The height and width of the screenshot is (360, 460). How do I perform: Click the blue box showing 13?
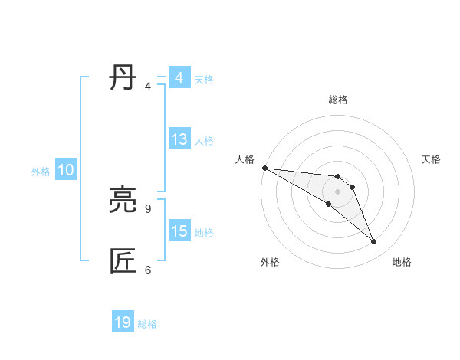pyautogui.click(x=179, y=140)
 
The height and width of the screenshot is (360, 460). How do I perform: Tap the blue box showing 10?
pyautogui.click(x=65, y=171)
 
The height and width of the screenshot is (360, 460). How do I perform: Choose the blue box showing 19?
pyautogui.click(x=123, y=323)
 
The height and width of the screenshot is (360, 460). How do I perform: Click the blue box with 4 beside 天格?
pyautogui.click(x=179, y=78)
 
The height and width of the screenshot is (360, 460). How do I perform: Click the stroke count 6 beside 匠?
pyautogui.click(x=148, y=270)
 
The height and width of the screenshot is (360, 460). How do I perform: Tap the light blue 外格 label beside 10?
pyautogui.click(x=41, y=172)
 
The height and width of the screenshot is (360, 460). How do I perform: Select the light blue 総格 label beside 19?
pyautogui.click(x=147, y=324)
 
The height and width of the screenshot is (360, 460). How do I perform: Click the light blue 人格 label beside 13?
pyautogui.click(x=204, y=141)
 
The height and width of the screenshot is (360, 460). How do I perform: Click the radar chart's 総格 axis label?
pyautogui.click(x=337, y=100)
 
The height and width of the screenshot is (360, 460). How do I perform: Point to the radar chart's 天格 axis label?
pyautogui.click(x=432, y=159)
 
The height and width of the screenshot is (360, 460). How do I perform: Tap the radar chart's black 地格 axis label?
pyautogui.click(x=402, y=262)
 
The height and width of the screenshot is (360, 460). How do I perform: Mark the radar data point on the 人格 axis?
pyautogui.click(x=264, y=168)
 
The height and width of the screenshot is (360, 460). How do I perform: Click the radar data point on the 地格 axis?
pyautogui.click(x=373, y=242)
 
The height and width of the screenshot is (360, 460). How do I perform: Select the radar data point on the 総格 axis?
pyautogui.click(x=337, y=177)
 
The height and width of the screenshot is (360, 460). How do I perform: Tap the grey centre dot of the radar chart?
pyautogui.click(x=337, y=191)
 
